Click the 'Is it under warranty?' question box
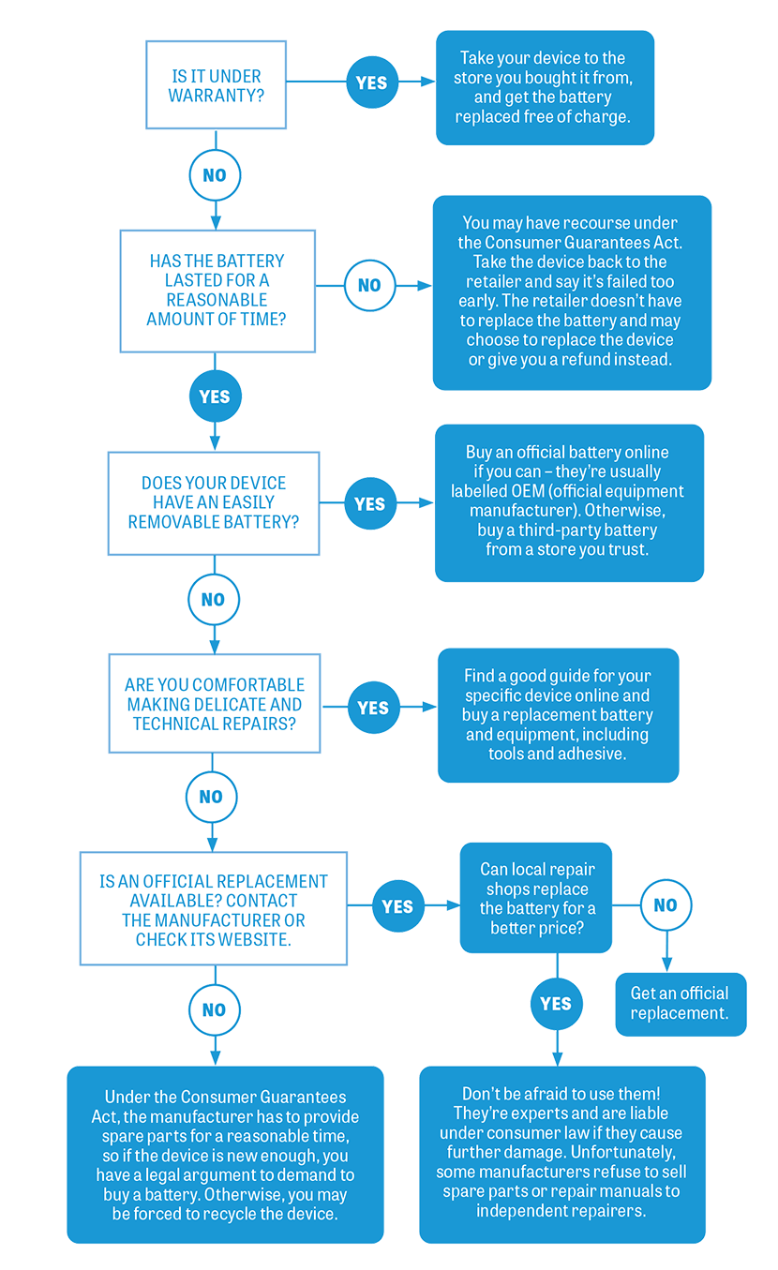click(x=217, y=85)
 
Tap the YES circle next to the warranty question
click(x=371, y=82)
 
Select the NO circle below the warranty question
click(x=215, y=175)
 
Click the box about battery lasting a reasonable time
click(x=217, y=290)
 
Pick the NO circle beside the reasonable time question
click(x=369, y=284)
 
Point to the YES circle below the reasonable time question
click(x=215, y=396)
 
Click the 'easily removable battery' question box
click(x=214, y=502)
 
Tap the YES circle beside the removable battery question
click(x=370, y=503)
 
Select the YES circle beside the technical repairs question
click(x=373, y=708)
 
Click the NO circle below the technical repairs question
click(x=211, y=797)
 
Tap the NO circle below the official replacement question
click(x=214, y=1009)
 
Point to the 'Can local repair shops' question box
click(x=537, y=899)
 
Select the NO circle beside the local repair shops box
click(x=666, y=904)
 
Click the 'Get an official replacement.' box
click(x=681, y=1003)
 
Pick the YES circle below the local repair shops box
click(x=556, y=1004)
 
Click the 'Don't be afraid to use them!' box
click(x=561, y=1152)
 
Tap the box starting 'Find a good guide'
click(x=558, y=714)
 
